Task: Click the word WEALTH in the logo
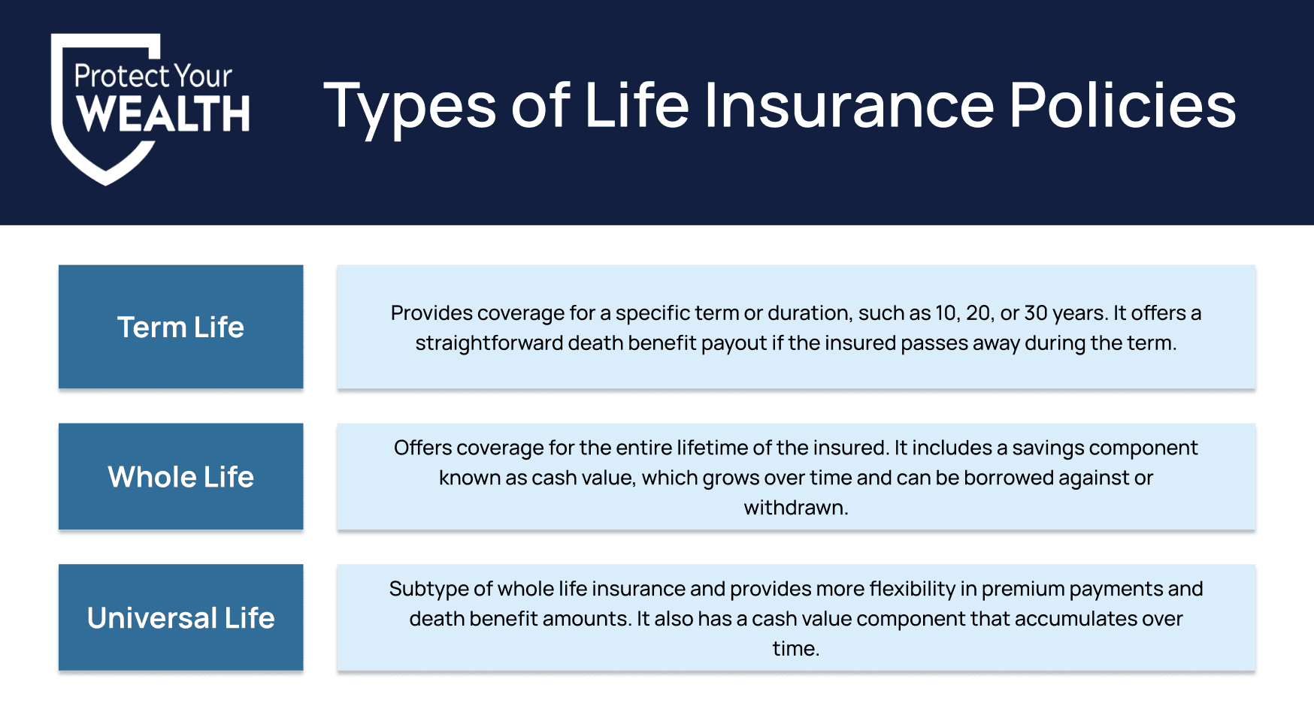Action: pos(163,113)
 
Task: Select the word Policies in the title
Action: pos(1122,105)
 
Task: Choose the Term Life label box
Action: pos(180,327)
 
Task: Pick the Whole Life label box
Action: pos(180,477)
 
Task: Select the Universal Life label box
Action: pos(180,617)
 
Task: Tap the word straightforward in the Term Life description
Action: pos(489,343)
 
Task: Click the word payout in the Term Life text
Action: pos(733,344)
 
